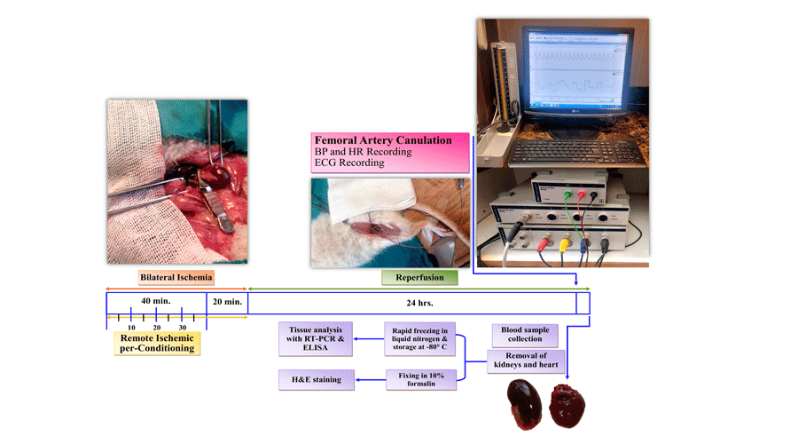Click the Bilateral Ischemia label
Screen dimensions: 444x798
pos(176,278)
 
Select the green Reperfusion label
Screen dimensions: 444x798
pos(419,278)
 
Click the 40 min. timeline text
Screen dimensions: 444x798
pos(155,301)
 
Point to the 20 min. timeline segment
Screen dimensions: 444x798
pos(228,301)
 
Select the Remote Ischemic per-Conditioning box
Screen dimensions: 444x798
pos(155,343)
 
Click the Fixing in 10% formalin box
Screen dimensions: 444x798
pos(421,381)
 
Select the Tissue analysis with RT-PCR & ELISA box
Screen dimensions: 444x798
pos(315,338)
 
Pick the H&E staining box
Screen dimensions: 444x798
pos(315,381)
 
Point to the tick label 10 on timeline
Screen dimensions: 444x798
pos(131,327)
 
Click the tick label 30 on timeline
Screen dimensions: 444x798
pos(182,327)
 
